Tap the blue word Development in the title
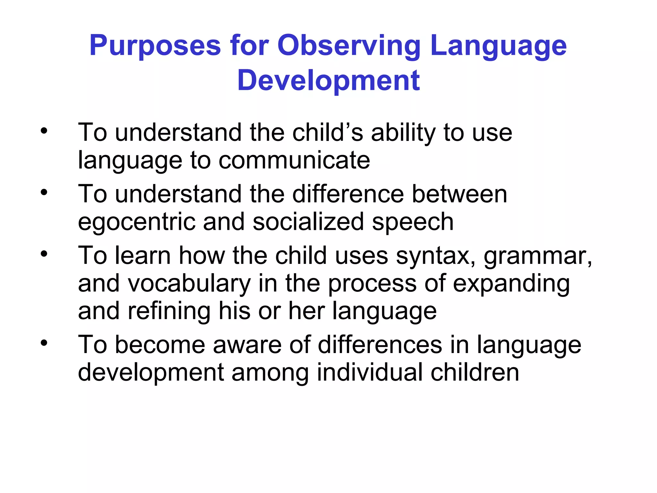[x=328, y=81]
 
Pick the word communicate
[x=294, y=160]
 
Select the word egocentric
[x=137, y=222]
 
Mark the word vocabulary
[x=189, y=284]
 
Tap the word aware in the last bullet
[x=247, y=345]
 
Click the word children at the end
[x=474, y=372]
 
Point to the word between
[x=459, y=194]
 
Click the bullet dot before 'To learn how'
[x=44, y=254]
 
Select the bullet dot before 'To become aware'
[x=44, y=343]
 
